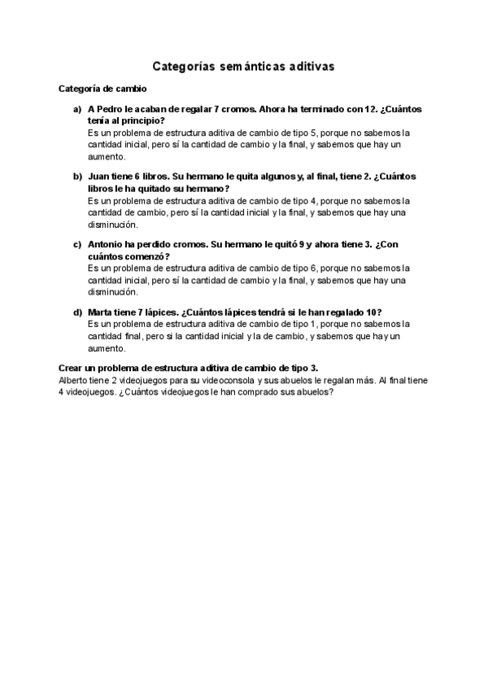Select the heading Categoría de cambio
point(103,88)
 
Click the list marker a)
point(77,109)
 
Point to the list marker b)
point(77,177)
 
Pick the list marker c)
point(77,244)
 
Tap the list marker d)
point(77,312)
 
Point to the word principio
point(143,120)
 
